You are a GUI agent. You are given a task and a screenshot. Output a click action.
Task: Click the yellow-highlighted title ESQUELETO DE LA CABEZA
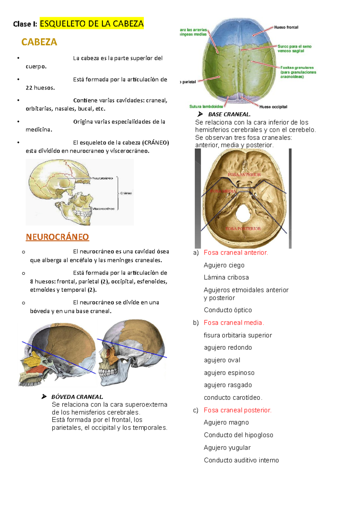tap(91, 23)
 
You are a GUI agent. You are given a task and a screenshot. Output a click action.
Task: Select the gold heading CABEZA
tap(39, 42)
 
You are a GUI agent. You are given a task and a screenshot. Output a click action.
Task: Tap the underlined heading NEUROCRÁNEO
tap(57, 237)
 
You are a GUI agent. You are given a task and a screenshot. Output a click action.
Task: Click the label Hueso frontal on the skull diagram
tap(286, 27)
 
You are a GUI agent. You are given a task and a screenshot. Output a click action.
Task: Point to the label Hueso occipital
tap(273, 107)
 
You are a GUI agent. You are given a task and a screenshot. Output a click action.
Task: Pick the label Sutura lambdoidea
tap(206, 106)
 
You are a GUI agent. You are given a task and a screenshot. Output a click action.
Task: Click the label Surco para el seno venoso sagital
tap(294, 49)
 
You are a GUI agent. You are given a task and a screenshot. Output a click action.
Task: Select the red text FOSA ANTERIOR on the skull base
tap(244, 174)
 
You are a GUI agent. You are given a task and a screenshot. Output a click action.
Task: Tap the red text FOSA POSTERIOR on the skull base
tap(243, 228)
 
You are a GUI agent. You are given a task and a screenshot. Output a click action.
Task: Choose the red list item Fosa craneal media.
tap(234, 323)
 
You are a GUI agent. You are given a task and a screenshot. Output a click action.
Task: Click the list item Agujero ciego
tap(224, 265)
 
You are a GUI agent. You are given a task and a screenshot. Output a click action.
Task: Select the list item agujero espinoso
tap(229, 373)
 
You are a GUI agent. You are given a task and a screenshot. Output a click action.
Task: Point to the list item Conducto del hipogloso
tap(238, 435)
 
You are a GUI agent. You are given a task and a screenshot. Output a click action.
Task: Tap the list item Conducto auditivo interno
tap(241, 460)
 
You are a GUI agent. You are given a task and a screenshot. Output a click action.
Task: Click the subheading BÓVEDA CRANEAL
tap(77, 397)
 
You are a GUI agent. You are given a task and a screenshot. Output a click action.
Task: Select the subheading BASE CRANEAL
tap(229, 114)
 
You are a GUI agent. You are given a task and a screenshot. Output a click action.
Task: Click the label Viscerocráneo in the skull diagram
tap(103, 209)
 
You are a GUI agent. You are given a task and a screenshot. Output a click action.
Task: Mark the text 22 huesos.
tap(40, 88)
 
